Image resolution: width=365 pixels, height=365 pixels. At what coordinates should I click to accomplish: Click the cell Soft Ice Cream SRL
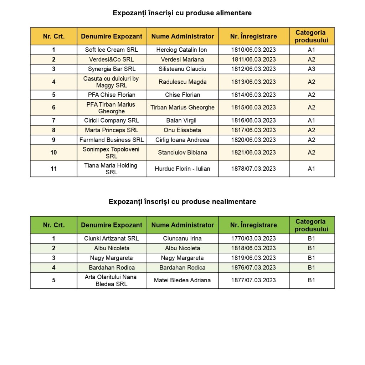click(x=112, y=50)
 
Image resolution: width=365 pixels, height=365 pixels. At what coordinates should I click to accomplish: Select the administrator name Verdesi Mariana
click(x=182, y=60)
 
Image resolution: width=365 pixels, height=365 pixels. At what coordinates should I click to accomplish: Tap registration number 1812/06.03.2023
click(x=253, y=69)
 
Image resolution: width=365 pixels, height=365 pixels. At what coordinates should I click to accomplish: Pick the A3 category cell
click(x=312, y=69)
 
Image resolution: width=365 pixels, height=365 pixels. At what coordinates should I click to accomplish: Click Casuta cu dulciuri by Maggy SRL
click(x=112, y=82)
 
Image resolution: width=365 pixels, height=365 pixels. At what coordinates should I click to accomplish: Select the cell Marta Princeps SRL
click(x=112, y=130)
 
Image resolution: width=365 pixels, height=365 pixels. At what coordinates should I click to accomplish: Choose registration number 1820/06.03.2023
click(x=253, y=140)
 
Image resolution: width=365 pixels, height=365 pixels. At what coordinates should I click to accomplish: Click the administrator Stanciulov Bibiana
click(x=182, y=153)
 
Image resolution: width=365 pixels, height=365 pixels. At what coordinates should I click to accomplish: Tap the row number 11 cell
click(x=53, y=169)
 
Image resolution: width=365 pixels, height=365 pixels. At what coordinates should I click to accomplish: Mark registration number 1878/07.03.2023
click(x=253, y=169)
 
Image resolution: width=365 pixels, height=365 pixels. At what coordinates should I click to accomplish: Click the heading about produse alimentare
click(x=182, y=13)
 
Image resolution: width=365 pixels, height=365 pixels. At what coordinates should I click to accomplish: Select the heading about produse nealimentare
click(x=182, y=202)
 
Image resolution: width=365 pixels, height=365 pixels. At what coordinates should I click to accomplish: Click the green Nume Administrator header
click(x=182, y=225)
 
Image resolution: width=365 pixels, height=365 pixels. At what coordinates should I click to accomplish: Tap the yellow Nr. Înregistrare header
click(x=253, y=36)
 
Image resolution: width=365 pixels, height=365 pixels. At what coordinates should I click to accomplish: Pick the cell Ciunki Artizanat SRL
click(x=112, y=238)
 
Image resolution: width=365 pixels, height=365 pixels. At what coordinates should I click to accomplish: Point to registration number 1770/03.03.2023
click(x=253, y=238)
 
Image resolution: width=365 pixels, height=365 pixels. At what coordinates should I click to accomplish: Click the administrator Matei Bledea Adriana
click(x=182, y=280)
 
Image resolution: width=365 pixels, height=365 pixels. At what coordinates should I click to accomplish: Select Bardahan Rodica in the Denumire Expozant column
click(x=112, y=268)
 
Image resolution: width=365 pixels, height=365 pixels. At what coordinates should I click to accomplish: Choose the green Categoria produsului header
click(x=312, y=225)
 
